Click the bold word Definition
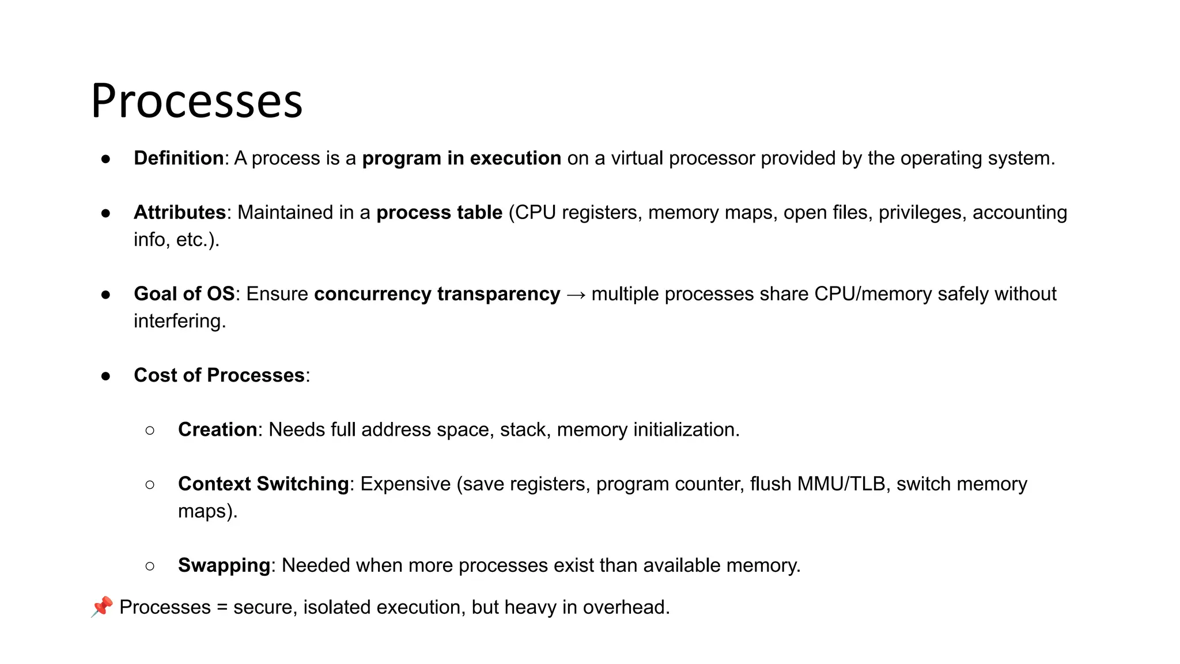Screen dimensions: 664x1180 pos(179,159)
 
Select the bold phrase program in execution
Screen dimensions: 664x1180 pos(461,159)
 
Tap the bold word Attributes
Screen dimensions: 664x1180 pos(179,213)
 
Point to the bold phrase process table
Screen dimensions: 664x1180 pos(439,213)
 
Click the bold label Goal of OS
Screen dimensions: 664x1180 pos(184,294)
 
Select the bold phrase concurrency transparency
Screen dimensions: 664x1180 pos(437,294)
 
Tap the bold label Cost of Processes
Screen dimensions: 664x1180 pos(219,375)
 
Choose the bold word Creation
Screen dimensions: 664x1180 pos(217,430)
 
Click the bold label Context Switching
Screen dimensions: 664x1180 pos(263,484)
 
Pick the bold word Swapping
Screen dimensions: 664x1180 pos(224,565)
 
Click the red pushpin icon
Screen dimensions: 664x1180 pos(102,607)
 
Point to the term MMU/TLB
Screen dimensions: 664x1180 pos(841,484)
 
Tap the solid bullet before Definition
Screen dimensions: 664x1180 pos(105,159)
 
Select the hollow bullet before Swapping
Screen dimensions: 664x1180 pos(150,566)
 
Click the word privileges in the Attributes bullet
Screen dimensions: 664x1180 pos(920,213)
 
